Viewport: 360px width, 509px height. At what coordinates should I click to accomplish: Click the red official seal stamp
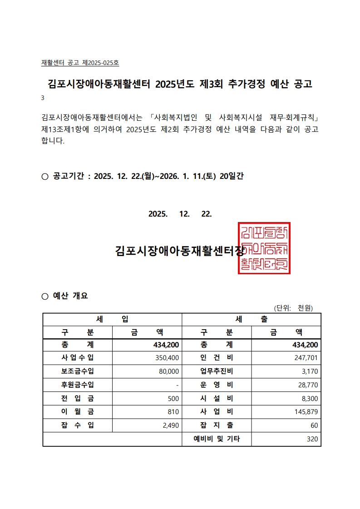(x=264, y=248)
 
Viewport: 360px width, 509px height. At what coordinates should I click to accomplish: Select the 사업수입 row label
(x=78, y=358)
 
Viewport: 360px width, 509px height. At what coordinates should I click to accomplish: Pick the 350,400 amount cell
(x=168, y=358)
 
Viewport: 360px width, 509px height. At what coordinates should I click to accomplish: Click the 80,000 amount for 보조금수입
(x=169, y=371)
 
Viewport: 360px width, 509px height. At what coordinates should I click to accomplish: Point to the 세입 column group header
(x=112, y=319)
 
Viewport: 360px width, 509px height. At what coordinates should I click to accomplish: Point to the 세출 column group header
(x=251, y=319)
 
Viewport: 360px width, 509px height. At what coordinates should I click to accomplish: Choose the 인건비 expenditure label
(x=217, y=358)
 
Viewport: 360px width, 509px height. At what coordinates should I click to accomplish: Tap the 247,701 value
(x=306, y=358)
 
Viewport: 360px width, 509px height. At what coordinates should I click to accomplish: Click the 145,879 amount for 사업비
(x=306, y=412)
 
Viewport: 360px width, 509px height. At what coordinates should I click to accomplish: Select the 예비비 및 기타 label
(x=217, y=439)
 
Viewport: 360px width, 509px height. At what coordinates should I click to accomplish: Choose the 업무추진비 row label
(x=217, y=371)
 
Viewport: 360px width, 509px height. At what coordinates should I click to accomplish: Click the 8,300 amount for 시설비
(x=310, y=399)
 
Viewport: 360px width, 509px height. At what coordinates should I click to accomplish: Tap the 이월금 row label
(x=78, y=412)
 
